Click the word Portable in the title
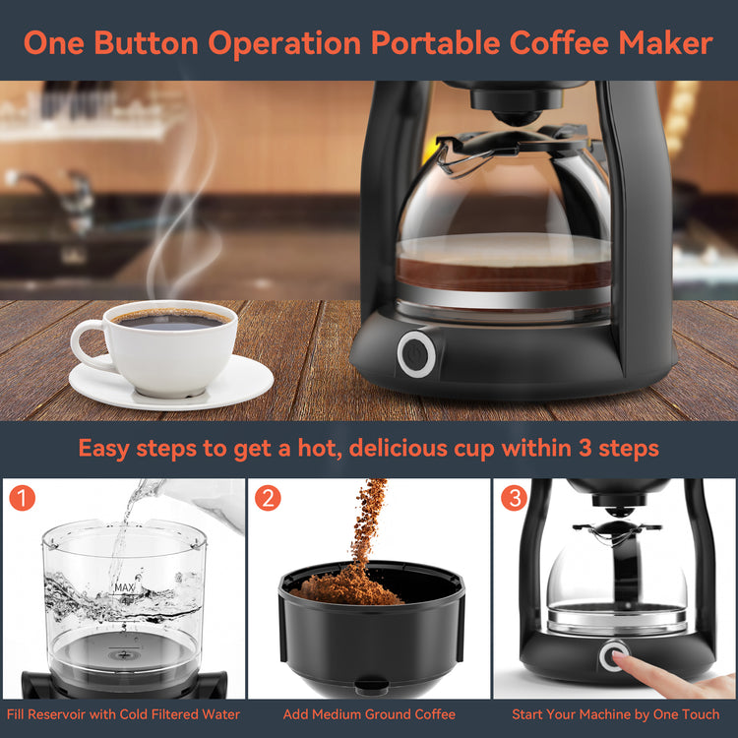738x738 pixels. click(435, 43)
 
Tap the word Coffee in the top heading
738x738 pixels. click(559, 43)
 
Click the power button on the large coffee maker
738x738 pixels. click(416, 354)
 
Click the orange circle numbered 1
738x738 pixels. click(22, 498)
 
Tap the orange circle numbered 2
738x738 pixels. click(268, 498)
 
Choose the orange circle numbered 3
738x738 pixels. click(514, 498)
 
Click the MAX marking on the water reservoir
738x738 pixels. click(125, 587)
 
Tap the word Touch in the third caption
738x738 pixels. click(699, 714)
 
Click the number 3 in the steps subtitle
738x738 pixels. click(585, 448)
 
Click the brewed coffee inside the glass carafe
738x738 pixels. click(504, 275)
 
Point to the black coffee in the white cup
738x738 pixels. click(170, 321)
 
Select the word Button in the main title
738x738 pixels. click(146, 43)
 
